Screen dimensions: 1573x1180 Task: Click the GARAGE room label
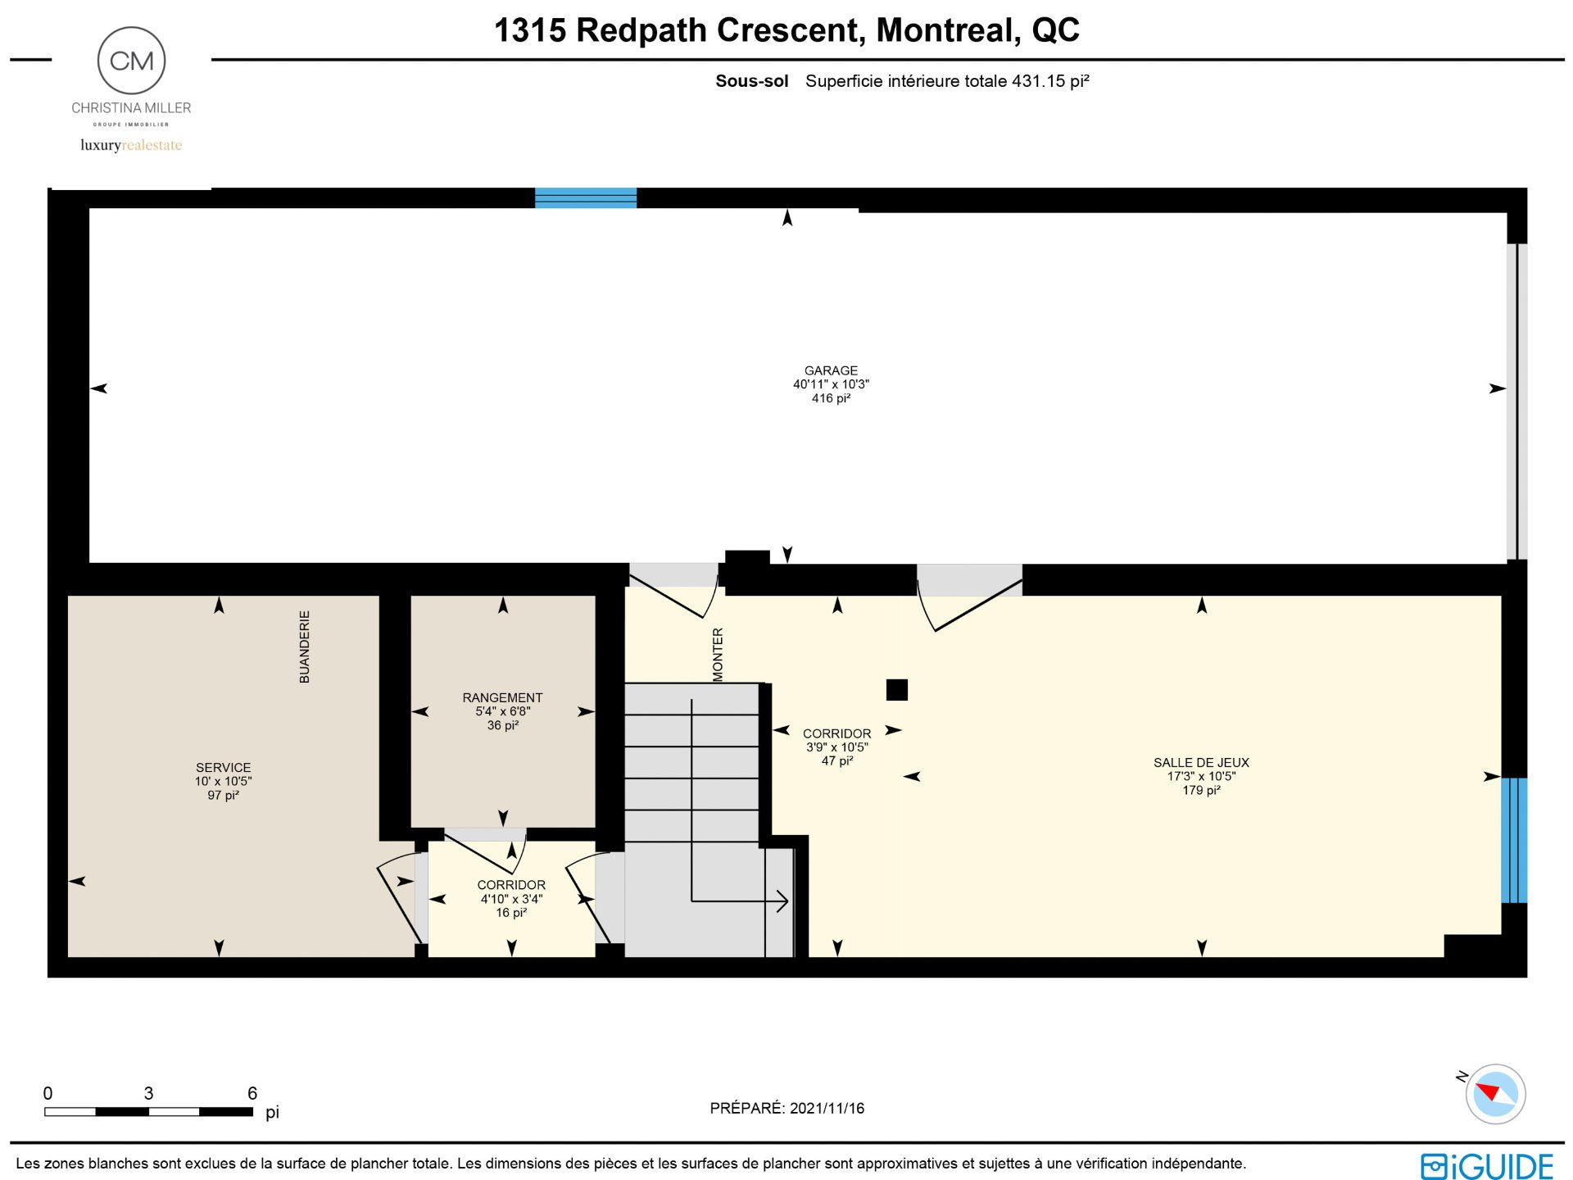[x=831, y=370]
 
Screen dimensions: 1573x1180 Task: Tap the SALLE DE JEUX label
[x=1201, y=763]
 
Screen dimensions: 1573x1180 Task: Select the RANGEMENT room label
[x=502, y=698]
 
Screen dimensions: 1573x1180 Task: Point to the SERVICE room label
[x=223, y=768]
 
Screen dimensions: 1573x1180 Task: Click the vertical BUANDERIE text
[x=305, y=647]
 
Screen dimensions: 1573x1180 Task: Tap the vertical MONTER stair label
[x=719, y=654]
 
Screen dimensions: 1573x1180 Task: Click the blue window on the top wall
[x=586, y=198]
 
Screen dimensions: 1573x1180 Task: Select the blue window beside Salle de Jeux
[x=1514, y=840]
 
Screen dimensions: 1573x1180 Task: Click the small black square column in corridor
[x=897, y=690]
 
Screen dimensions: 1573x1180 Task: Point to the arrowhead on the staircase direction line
[x=782, y=901]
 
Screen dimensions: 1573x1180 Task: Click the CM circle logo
[x=131, y=61]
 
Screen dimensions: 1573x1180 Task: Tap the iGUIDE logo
[x=1487, y=1165]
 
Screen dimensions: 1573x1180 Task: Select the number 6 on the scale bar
[x=252, y=1093]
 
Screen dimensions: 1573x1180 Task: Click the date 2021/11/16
[x=827, y=1109]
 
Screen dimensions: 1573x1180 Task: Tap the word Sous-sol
[x=752, y=81]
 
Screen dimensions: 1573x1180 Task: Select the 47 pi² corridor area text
[x=837, y=761]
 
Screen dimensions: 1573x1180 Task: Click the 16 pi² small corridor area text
[x=511, y=913]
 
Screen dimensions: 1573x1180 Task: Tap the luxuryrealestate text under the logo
[x=131, y=145]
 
